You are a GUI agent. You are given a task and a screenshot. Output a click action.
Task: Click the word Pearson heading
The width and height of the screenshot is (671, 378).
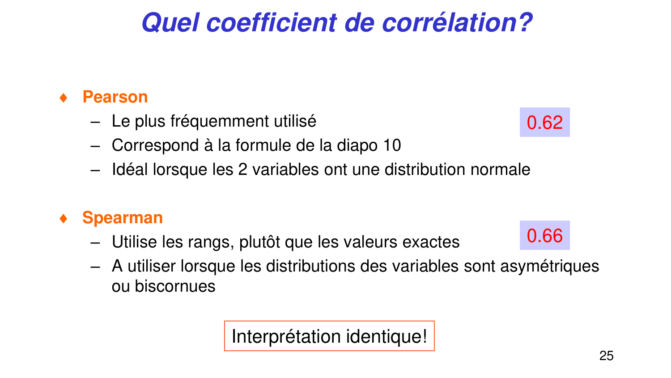(115, 97)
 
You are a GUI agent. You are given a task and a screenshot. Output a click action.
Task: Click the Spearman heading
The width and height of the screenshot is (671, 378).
(122, 218)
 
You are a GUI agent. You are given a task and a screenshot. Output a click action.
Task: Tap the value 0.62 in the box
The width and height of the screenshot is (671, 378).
(544, 123)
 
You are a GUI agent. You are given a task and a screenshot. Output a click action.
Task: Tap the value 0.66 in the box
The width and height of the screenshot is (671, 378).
(544, 236)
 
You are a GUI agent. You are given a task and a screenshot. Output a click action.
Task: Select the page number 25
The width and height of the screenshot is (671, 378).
(606, 356)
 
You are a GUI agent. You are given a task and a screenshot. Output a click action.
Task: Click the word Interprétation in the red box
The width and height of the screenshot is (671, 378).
(286, 336)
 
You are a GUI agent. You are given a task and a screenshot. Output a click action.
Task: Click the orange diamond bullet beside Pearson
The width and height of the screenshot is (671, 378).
(64, 98)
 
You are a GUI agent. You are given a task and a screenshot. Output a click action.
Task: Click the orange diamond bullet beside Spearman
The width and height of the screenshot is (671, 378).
(64, 218)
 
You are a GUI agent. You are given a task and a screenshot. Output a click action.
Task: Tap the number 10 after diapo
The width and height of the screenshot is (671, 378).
(392, 145)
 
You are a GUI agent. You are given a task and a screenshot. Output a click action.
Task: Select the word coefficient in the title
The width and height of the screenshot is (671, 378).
(271, 22)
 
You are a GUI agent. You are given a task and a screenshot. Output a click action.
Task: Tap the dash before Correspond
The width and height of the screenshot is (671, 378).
(94, 146)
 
